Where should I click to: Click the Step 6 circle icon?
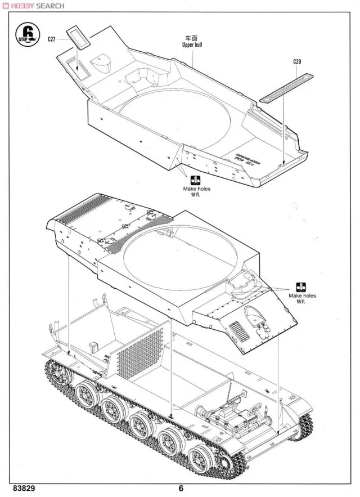pos(28,34)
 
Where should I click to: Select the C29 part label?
pos(298,61)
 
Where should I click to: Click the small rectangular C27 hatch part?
pos(78,38)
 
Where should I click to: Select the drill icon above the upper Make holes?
pos(195,180)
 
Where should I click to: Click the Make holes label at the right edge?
pos(302,295)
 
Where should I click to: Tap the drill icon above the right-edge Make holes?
pos(302,285)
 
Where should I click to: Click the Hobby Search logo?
pos(36,6)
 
